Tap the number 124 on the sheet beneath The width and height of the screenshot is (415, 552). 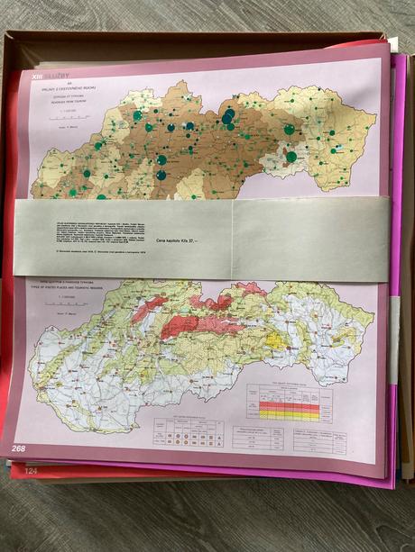(31, 471)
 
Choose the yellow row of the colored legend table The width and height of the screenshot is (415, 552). (289, 415)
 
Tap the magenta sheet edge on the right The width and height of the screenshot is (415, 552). (394, 270)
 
